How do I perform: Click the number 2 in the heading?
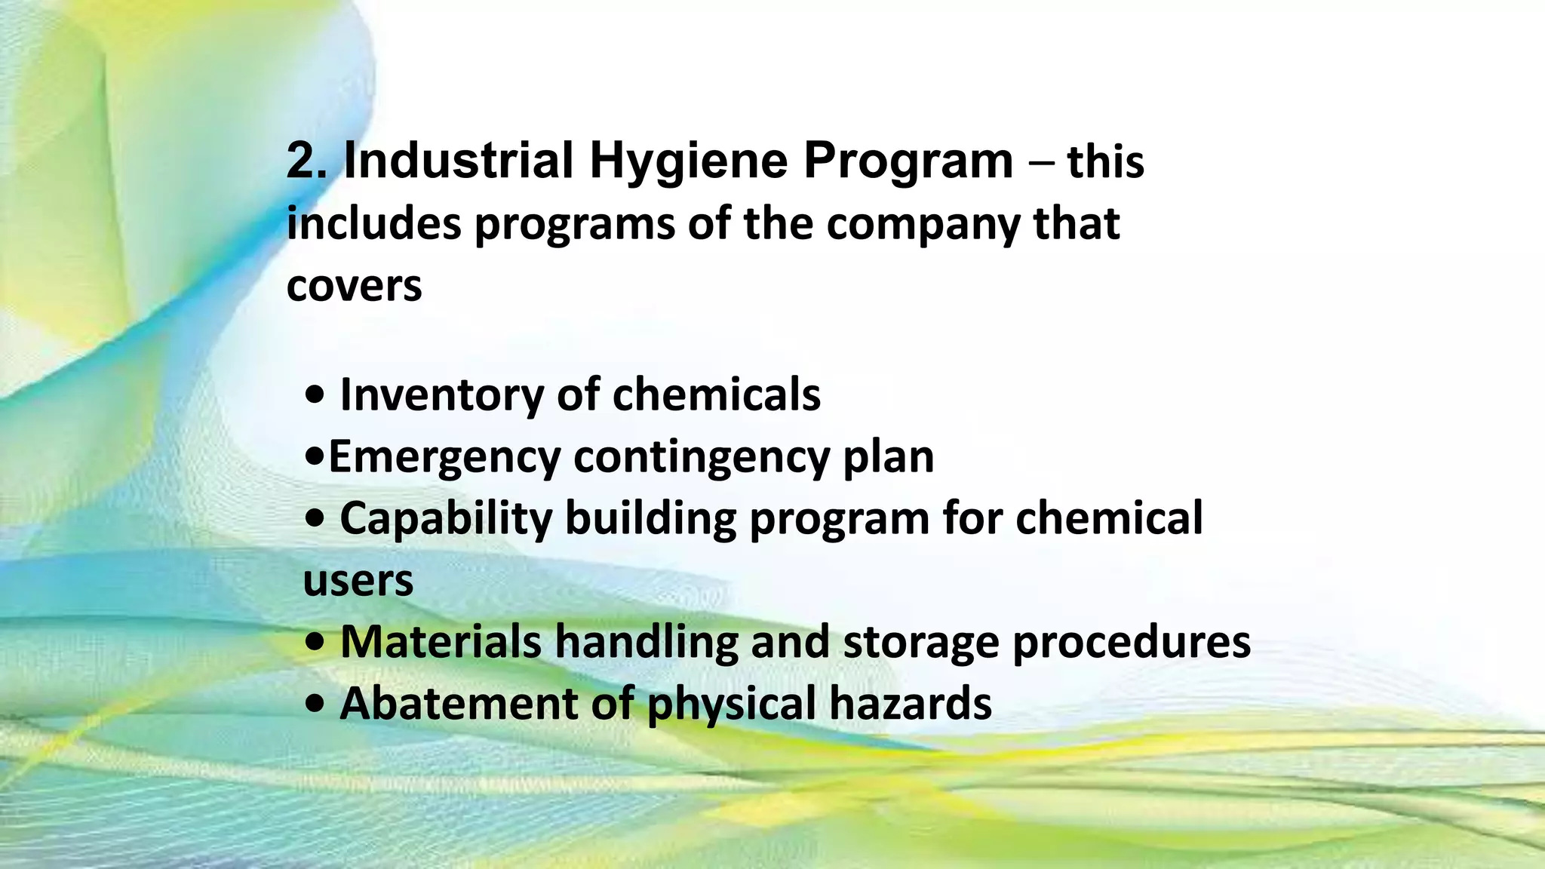pyautogui.click(x=304, y=161)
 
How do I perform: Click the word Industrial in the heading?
pyautogui.click(x=459, y=161)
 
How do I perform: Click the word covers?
pyautogui.click(x=354, y=287)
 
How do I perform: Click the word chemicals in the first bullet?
pyautogui.click(x=716, y=395)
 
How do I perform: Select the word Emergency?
pyautogui.click(x=444, y=458)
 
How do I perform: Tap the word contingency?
pyautogui.click(x=701, y=458)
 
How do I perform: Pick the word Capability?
pyautogui.click(x=446, y=519)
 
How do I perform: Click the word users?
pyautogui.click(x=358, y=582)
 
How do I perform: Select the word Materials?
pyautogui.click(x=441, y=642)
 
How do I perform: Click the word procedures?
pyautogui.click(x=1131, y=643)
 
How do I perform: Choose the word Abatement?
pyautogui.click(x=459, y=704)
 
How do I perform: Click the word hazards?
pyautogui.click(x=911, y=704)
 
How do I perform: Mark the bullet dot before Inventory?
pyautogui.click(x=315, y=395)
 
